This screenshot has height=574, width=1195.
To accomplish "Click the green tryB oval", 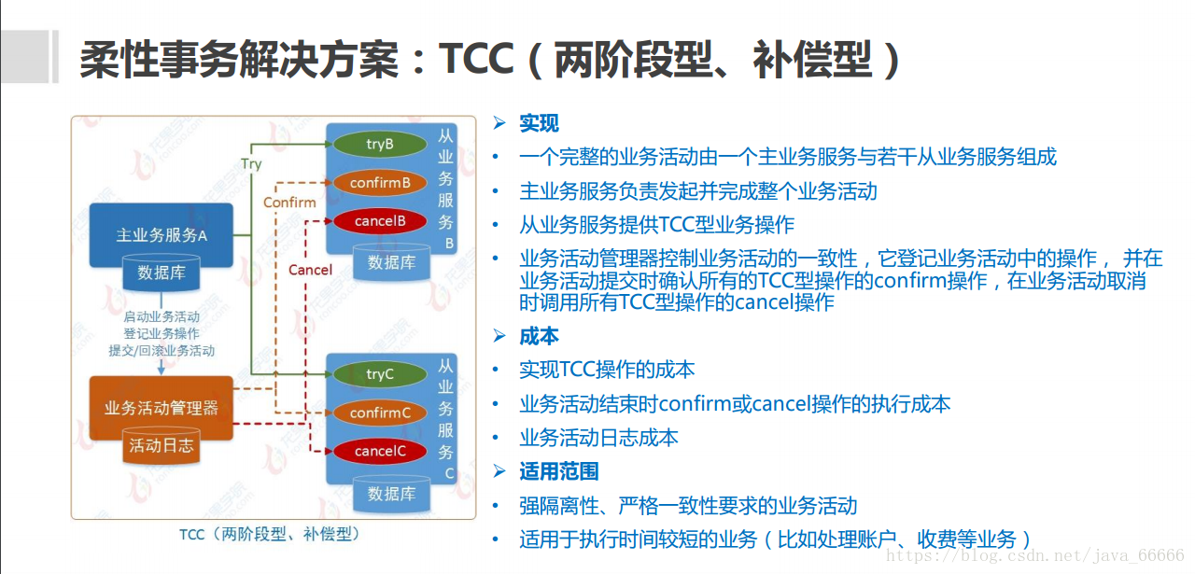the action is (379, 145).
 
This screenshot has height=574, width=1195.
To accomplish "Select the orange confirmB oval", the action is (379, 183).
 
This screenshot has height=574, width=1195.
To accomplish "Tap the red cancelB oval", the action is (379, 221).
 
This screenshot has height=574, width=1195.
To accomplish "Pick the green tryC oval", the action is (379, 374).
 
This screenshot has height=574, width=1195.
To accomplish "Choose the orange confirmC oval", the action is (379, 413).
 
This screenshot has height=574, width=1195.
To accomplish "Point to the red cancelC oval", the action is (379, 451).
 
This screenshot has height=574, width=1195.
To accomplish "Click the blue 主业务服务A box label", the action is (161, 235).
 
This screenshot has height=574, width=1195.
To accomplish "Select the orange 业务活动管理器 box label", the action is (161, 408).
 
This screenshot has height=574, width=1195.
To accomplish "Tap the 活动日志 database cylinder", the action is (162, 445).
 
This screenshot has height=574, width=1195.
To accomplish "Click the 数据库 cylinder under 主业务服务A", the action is (162, 273).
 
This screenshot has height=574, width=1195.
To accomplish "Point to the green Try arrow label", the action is (251, 164).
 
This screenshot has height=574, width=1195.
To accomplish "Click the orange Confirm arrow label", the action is (289, 203).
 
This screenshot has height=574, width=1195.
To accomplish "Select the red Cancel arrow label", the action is (310, 270).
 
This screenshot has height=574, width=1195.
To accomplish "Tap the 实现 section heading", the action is (539, 123).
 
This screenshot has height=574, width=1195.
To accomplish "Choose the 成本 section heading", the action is (539, 336).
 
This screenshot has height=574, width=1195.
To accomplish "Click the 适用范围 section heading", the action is (558, 471).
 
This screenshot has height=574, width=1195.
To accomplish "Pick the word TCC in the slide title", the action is (476, 59).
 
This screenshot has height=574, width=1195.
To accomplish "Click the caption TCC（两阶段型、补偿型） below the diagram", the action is (270, 535).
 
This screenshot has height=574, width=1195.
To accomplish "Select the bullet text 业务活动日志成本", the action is (598, 438).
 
